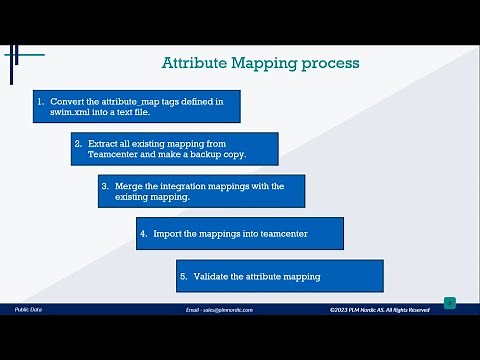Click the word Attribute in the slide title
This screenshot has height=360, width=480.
(x=195, y=64)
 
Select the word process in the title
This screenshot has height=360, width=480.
(x=330, y=64)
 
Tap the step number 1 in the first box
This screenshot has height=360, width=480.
(x=40, y=101)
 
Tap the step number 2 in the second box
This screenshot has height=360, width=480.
(x=78, y=143)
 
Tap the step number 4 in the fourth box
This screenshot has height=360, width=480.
(x=143, y=234)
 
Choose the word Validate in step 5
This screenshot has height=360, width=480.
(x=211, y=276)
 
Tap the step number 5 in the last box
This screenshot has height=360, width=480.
(x=183, y=276)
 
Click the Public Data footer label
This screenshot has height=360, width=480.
(x=28, y=310)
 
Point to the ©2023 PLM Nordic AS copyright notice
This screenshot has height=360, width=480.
(x=379, y=310)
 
